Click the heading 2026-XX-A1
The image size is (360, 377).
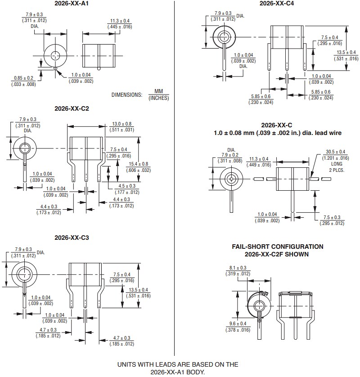pyautogui.click(x=72, y=4)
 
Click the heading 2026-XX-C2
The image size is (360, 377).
pyautogui.click(x=72, y=108)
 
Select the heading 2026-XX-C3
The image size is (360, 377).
pyautogui.click(x=72, y=238)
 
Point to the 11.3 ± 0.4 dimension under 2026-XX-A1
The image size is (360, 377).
pyautogui.click(x=120, y=21)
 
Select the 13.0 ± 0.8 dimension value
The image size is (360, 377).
pyautogui.click(x=122, y=124)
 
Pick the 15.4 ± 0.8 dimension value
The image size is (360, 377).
pyautogui.click(x=139, y=164)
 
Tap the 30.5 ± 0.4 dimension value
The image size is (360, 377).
pyautogui.click(x=336, y=152)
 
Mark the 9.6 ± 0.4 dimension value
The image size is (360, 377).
pyautogui.click(x=238, y=323)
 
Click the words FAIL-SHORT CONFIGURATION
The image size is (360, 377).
pyautogui.click(x=277, y=247)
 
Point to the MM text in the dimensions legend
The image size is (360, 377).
pyautogui.click(x=158, y=91)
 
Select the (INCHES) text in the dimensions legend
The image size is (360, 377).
pyautogui.click(x=158, y=98)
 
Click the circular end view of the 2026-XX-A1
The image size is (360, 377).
pyautogui.click(x=54, y=56)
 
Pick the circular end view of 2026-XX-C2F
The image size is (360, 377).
pyautogui.click(x=259, y=305)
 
